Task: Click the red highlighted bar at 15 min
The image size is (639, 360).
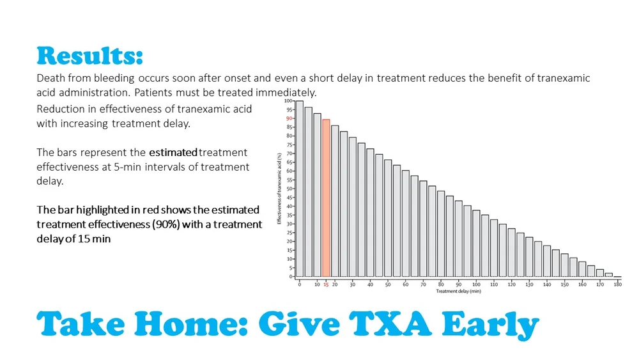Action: point(326,198)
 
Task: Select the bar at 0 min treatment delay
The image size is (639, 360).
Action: point(299,189)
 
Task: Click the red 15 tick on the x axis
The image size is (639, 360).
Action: point(326,285)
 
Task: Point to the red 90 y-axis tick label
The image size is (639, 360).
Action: point(289,118)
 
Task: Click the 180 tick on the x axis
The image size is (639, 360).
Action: point(617,285)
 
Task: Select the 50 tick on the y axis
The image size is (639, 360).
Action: point(289,189)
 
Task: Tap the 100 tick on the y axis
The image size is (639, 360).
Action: point(288,100)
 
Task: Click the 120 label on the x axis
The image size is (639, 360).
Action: point(511,285)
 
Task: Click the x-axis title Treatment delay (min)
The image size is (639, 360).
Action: point(458,292)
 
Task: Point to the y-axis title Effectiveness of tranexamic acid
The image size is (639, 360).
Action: point(280,189)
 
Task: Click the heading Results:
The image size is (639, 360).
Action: point(89,56)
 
